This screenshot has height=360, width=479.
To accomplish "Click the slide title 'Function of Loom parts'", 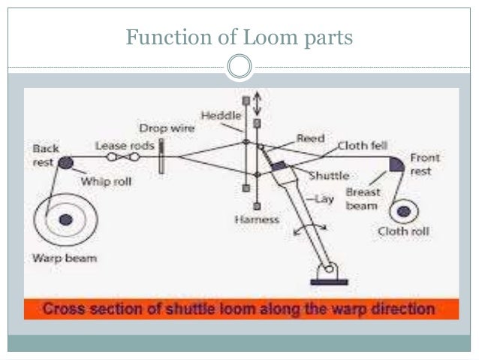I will point(239,35).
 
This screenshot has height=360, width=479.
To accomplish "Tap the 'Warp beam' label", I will point(63,258).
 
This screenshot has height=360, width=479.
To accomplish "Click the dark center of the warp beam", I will point(66,219).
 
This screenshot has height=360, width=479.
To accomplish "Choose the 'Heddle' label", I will point(221,115).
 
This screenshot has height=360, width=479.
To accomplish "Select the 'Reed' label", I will point(309,138).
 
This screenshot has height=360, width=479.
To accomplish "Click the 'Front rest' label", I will point(424,165).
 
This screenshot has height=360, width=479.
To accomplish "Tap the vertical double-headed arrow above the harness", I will point(257,101).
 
